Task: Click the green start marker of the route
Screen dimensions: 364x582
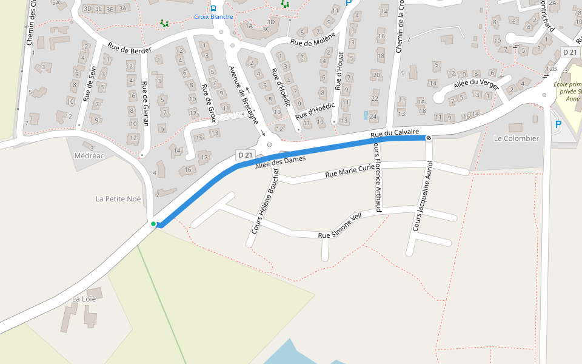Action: (153, 224)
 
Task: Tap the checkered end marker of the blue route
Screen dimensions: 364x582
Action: (429, 138)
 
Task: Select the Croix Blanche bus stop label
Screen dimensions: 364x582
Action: (213, 17)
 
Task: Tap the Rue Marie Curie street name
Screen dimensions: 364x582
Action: (350, 171)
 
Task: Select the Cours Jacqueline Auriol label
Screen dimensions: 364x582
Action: (423, 196)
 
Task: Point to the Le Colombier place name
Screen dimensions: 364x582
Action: (517, 138)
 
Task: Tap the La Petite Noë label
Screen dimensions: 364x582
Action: (118, 198)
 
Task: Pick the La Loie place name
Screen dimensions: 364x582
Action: (84, 298)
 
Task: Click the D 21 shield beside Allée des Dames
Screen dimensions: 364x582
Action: (245, 155)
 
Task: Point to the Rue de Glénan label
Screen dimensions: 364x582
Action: (145, 104)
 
